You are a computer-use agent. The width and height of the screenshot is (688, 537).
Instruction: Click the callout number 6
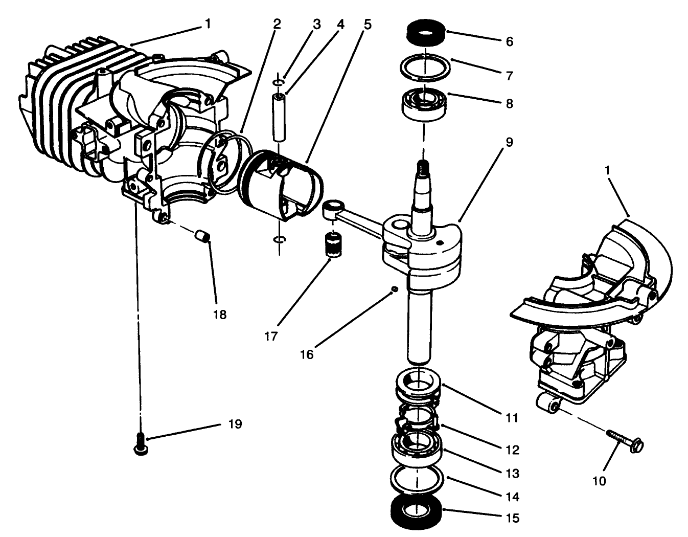point(509,42)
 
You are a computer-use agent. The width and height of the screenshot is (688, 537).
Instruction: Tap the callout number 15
point(512,518)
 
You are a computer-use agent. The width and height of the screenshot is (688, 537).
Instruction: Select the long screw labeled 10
point(626,440)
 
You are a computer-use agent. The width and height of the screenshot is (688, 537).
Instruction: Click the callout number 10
point(599,481)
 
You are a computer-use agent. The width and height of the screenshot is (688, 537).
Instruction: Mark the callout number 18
point(219,315)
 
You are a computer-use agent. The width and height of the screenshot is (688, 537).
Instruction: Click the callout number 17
point(271,336)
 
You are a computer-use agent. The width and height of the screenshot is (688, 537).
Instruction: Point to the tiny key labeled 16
point(394,289)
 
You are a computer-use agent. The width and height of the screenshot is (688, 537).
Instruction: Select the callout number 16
point(307,354)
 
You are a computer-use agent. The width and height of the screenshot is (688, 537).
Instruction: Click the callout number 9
point(509,142)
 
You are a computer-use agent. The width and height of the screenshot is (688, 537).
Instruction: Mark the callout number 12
point(512,450)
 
